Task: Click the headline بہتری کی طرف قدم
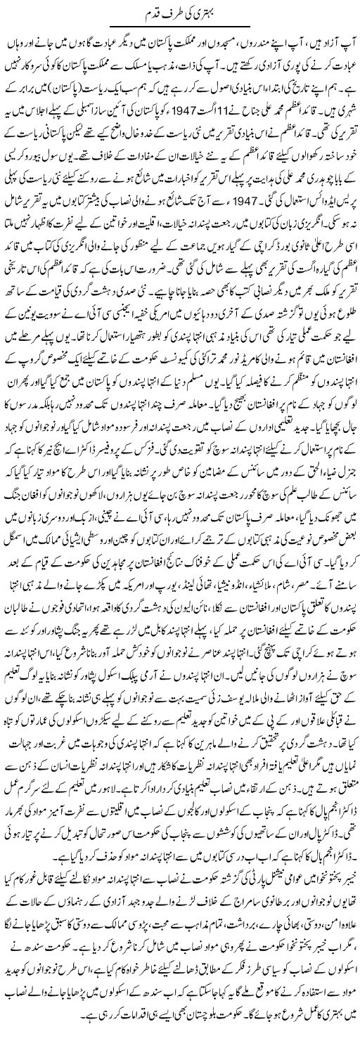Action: [181, 11]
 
